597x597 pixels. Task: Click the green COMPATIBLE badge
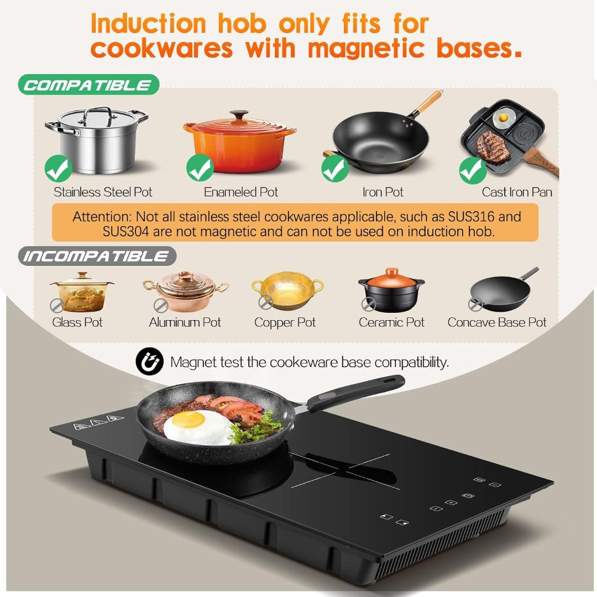pyautogui.click(x=88, y=85)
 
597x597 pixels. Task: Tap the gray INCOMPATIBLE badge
pyautogui.click(x=97, y=256)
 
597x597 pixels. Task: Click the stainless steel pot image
pyautogui.click(x=97, y=139)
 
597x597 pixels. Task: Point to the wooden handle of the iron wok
pyautogui.click(x=430, y=102)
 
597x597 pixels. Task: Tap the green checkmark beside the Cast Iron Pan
pyautogui.click(x=473, y=171)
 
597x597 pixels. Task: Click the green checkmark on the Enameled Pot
pyautogui.click(x=200, y=168)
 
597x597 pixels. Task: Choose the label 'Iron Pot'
pyautogui.click(x=383, y=192)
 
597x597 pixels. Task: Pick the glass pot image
pyautogui.click(x=81, y=292)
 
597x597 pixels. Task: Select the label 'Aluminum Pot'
pyautogui.click(x=185, y=322)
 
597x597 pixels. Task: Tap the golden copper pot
pyautogui.click(x=288, y=290)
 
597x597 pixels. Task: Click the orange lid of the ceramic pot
pyautogui.click(x=391, y=277)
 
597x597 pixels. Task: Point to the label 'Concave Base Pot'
pyautogui.click(x=497, y=322)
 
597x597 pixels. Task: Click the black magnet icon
pyautogui.click(x=149, y=362)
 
